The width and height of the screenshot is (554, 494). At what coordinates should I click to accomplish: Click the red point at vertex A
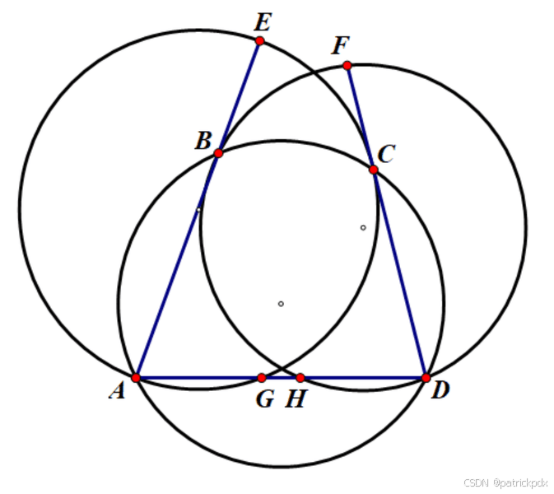pos(137,378)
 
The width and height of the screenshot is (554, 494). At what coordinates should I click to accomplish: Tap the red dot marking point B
pos(218,153)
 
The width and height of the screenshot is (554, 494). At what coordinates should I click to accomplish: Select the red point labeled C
pos(373,170)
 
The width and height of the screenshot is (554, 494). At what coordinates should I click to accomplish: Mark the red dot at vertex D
pos(426,378)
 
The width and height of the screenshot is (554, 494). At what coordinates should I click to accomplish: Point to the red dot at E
pos(259,40)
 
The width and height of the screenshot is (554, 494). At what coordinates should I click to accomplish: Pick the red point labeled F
pos(347,65)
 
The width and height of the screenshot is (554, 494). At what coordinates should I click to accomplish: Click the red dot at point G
pos(262,378)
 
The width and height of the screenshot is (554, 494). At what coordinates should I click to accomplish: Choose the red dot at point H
pos(300,378)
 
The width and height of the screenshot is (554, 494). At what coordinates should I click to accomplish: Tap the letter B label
pos(203,141)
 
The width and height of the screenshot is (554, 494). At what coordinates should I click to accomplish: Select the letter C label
pos(387,153)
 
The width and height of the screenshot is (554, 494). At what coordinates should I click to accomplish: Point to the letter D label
pos(440,390)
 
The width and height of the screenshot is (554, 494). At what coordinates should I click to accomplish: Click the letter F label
pos(339,46)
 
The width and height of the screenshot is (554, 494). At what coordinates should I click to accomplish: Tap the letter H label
pos(296,400)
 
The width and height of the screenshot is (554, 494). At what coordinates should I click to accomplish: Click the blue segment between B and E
pos(239,97)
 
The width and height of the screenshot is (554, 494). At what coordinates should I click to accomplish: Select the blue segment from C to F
pos(360,117)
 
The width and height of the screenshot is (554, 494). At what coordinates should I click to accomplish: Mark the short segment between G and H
pos(282,378)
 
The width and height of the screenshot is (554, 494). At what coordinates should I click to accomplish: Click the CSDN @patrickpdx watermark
pos(504,482)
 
